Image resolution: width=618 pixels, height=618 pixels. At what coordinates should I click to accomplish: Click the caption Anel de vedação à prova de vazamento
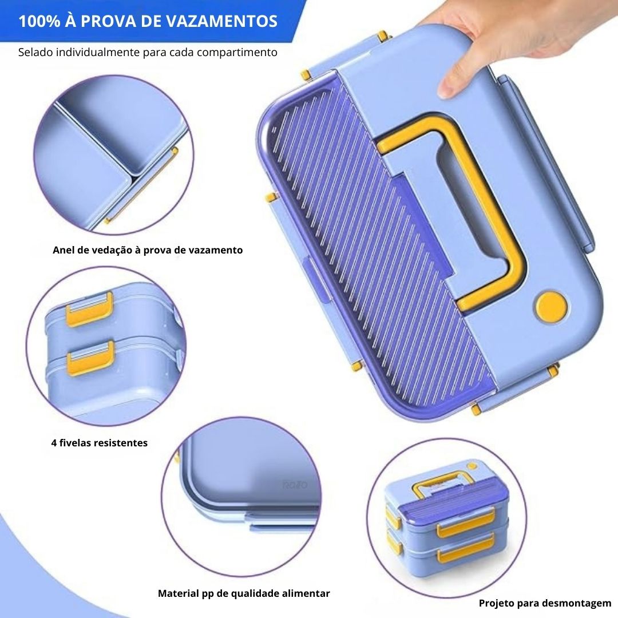(x=148, y=250)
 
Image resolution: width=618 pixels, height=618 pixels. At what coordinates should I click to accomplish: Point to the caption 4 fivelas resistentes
(x=100, y=442)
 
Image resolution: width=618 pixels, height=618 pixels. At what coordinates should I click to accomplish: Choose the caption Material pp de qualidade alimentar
(x=244, y=593)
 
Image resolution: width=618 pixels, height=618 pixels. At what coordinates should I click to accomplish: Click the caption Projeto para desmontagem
(x=545, y=603)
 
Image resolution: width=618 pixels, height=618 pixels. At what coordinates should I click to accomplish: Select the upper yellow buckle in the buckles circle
(x=90, y=310)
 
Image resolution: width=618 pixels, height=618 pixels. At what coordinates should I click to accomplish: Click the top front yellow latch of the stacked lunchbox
(x=466, y=523)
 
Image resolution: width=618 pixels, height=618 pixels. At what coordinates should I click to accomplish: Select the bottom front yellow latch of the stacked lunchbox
(x=466, y=548)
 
